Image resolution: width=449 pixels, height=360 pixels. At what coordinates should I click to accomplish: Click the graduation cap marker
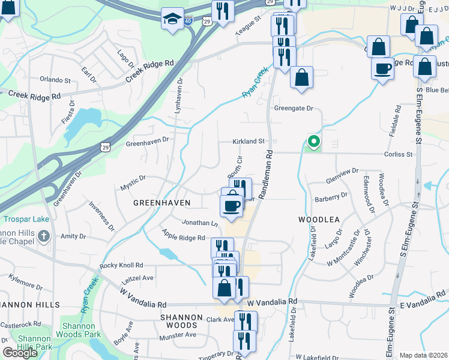pyautogui.click(x=173, y=19)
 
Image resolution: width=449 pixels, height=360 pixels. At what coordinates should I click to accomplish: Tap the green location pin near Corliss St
pyautogui.click(x=313, y=142)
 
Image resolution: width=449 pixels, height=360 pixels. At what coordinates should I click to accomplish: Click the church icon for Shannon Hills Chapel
pyautogui.click(x=43, y=236)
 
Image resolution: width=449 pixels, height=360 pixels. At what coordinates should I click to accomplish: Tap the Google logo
pyautogui.click(x=20, y=353)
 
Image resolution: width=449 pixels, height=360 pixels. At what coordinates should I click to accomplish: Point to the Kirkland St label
pyautogui.click(x=249, y=142)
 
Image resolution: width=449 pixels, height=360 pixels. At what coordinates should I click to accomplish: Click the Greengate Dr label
pyautogui.click(x=294, y=109)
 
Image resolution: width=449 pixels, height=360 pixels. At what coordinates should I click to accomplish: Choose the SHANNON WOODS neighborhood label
pyautogui.click(x=186, y=322)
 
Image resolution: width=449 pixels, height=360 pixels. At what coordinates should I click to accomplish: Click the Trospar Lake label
pyautogui.click(x=25, y=219)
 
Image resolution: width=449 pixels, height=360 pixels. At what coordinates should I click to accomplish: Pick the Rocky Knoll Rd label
pyautogui.click(x=121, y=265)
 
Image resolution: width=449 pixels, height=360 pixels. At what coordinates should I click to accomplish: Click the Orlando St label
pyautogui.click(x=55, y=79)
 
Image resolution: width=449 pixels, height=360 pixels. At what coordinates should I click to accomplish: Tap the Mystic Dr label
pyautogui.click(x=133, y=178)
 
